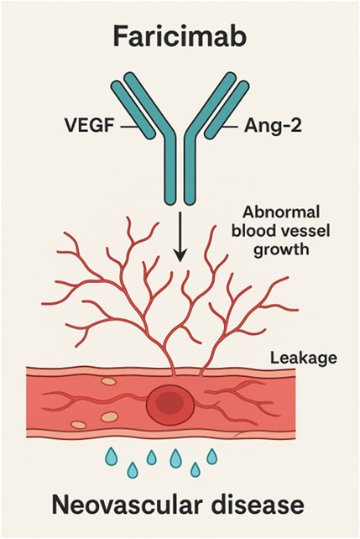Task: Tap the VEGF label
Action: [x=86, y=127]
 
